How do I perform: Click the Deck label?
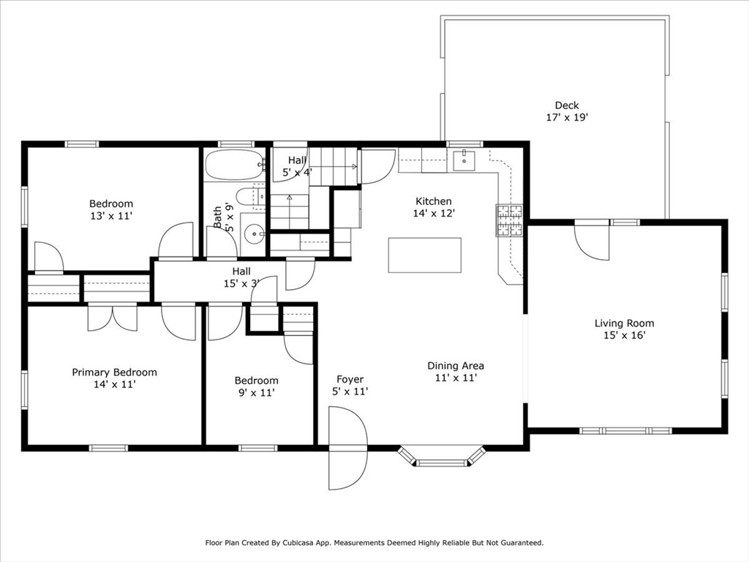[x=566, y=105]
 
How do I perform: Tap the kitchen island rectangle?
[x=424, y=255]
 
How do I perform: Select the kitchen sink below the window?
[x=464, y=159]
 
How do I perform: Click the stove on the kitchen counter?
[x=509, y=220]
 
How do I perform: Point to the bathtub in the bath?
[x=233, y=165]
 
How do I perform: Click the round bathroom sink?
[x=254, y=235]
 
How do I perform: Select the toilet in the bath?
[x=247, y=196]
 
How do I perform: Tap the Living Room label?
[x=624, y=323]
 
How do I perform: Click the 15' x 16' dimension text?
[x=624, y=335]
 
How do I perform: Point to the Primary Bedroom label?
[x=114, y=372]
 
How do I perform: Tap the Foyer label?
[x=350, y=379]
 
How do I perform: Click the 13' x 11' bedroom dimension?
[x=111, y=216]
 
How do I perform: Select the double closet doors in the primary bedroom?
[x=111, y=317]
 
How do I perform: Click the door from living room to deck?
[x=592, y=240]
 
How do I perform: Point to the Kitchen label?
[x=434, y=201]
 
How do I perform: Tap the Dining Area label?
[x=456, y=365]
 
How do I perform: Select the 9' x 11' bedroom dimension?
[x=256, y=392]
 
